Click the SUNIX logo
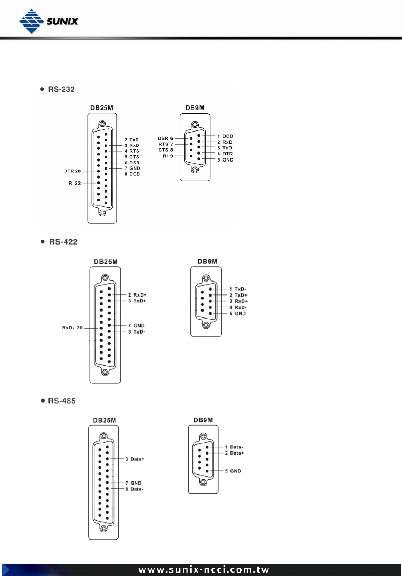point(49,21)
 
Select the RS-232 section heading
point(61,89)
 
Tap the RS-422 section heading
point(63,242)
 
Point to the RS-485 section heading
point(61,401)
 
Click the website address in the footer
point(204,570)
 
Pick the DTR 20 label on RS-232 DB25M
point(72,171)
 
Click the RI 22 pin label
point(74,183)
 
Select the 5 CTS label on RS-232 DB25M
point(132,157)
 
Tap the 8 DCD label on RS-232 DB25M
point(132,174)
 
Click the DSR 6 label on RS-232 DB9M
point(165,139)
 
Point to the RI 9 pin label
point(168,156)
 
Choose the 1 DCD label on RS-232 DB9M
point(225,136)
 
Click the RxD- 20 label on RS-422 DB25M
point(73,328)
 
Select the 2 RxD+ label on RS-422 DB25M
point(137,295)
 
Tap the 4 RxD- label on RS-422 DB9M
point(238,307)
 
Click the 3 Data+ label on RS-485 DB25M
point(135,459)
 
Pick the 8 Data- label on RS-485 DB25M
point(134,489)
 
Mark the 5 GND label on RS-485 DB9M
point(233,471)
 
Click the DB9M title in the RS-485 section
point(203,420)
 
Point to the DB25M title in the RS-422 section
point(106,262)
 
